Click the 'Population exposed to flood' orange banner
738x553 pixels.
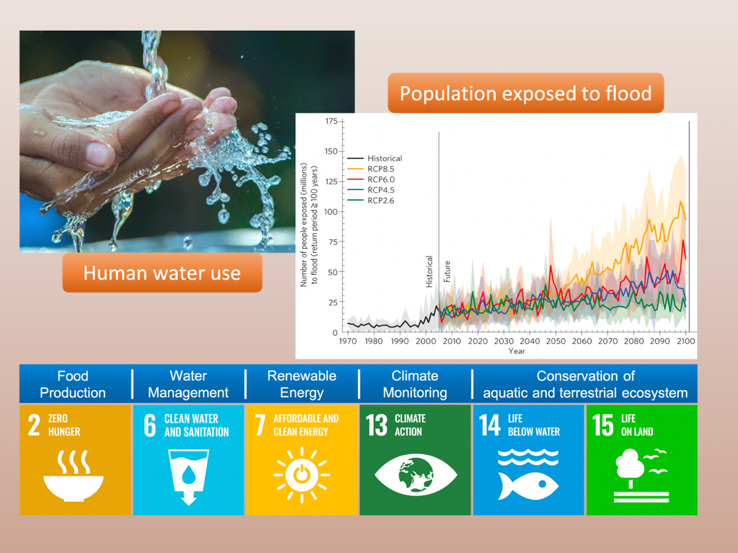pos(525,93)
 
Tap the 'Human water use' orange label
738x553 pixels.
pos(162,272)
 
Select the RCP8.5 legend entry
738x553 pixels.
pos(370,169)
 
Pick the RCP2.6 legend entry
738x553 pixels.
pos(370,200)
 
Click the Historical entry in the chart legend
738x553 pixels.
pos(374,158)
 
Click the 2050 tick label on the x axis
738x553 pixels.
pos(556,341)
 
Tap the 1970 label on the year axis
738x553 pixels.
pos(347,341)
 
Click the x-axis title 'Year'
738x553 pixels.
pos(517,351)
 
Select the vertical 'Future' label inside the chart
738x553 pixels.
pos(447,272)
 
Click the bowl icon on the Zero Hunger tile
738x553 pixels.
pos(74,476)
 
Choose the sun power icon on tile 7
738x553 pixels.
pos(302,475)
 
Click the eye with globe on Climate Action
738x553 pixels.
pos(416,475)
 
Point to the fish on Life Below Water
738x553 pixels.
pos(528,486)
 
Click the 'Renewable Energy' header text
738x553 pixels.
pos(301,384)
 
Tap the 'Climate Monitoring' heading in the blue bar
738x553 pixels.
pos(415,384)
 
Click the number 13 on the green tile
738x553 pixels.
pos(376,425)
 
